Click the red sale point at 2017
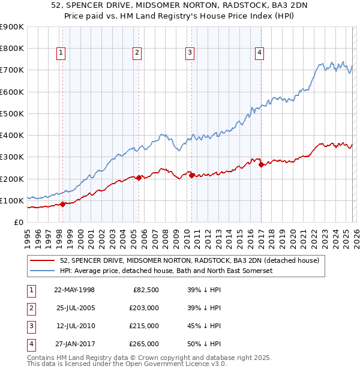pos(261,165)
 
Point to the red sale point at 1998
pos(62,205)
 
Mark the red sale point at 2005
pos(139,178)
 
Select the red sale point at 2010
pos(191,175)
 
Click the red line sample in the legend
pos(43,260)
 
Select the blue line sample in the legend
pos(43,271)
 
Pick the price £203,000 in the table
pos(143,308)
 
